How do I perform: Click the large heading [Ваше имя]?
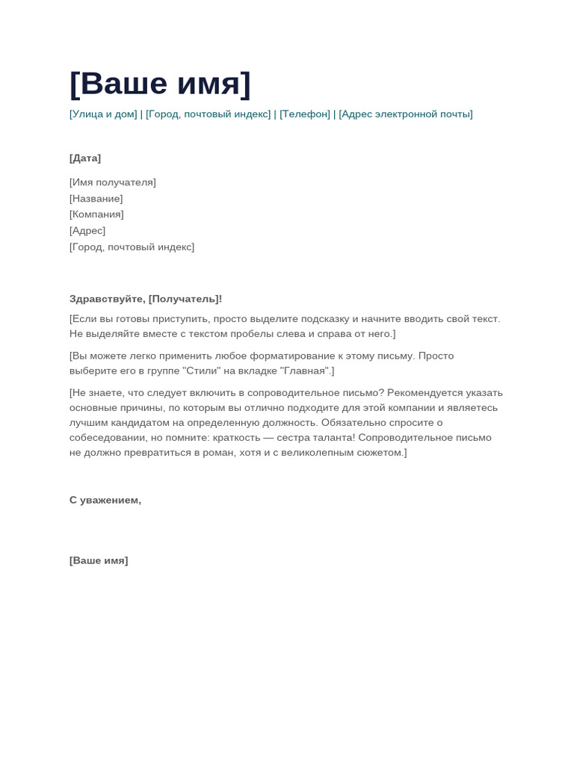click(x=160, y=84)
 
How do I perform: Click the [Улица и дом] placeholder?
click(x=103, y=114)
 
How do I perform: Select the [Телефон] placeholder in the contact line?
click(x=305, y=114)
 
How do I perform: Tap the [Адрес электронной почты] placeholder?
click(x=406, y=114)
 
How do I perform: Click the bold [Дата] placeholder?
click(x=85, y=158)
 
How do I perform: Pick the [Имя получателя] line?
click(x=113, y=182)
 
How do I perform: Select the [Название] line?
click(x=96, y=199)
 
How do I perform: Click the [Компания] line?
click(x=96, y=214)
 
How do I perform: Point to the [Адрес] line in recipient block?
click(x=87, y=231)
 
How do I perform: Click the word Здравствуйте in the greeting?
click(x=106, y=299)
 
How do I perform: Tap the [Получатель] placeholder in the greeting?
click(x=184, y=299)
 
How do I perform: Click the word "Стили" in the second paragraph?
click(x=202, y=371)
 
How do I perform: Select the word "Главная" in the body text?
click(x=305, y=371)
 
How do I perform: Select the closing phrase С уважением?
click(x=105, y=501)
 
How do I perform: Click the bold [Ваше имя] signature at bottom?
click(x=99, y=561)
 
